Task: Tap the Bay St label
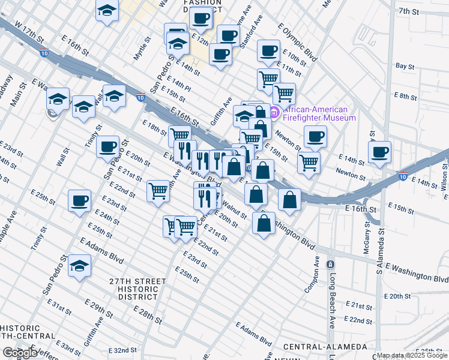[405, 66]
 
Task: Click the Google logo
[20, 352]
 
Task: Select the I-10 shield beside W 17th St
[44, 53]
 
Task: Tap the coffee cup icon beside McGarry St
[379, 152]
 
